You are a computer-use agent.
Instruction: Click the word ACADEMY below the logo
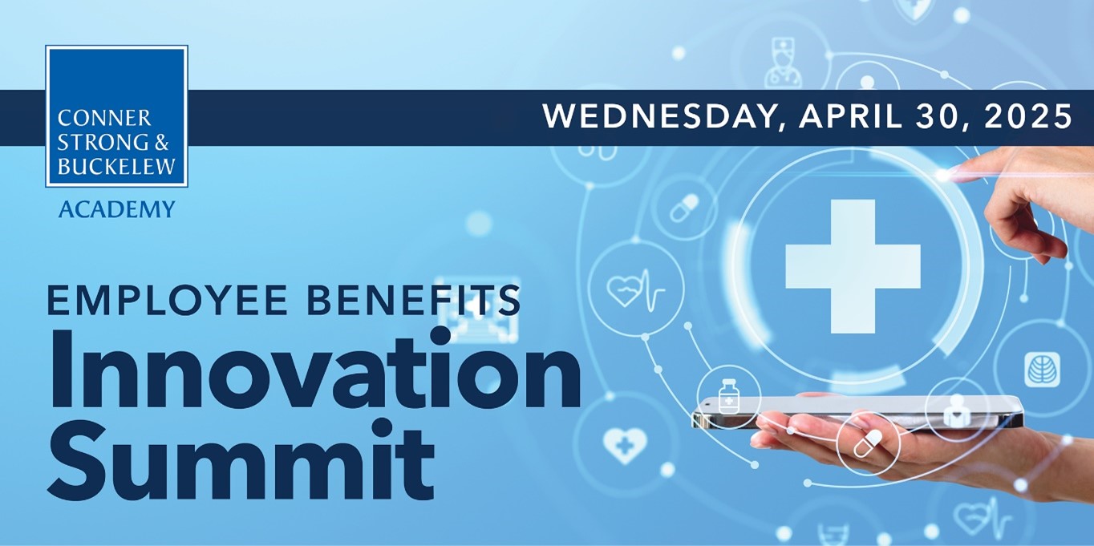(116, 209)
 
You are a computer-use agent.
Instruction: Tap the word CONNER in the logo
(104, 119)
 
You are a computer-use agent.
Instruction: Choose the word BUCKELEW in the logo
(116, 166)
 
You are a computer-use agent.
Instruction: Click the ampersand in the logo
(162, 142)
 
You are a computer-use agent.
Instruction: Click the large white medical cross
(853, 266)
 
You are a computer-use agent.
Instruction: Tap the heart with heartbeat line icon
(635, 289)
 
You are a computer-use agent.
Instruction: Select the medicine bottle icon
(729, 396)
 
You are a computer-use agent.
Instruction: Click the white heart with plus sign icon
(622, 445)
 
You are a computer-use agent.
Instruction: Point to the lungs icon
(1042, 370)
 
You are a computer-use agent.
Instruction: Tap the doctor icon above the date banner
(784, 63)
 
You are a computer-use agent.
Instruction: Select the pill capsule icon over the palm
(868, 443)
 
